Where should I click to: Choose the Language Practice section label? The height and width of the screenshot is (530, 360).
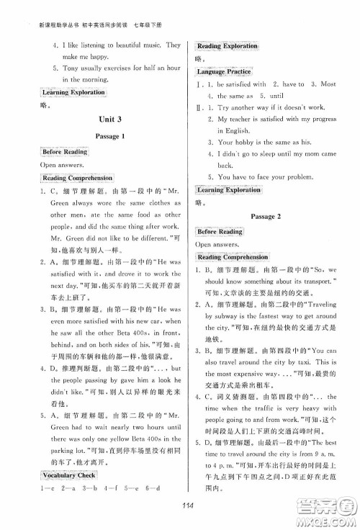coord(225,72)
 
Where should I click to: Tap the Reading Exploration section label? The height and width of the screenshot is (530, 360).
coord(227,46)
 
